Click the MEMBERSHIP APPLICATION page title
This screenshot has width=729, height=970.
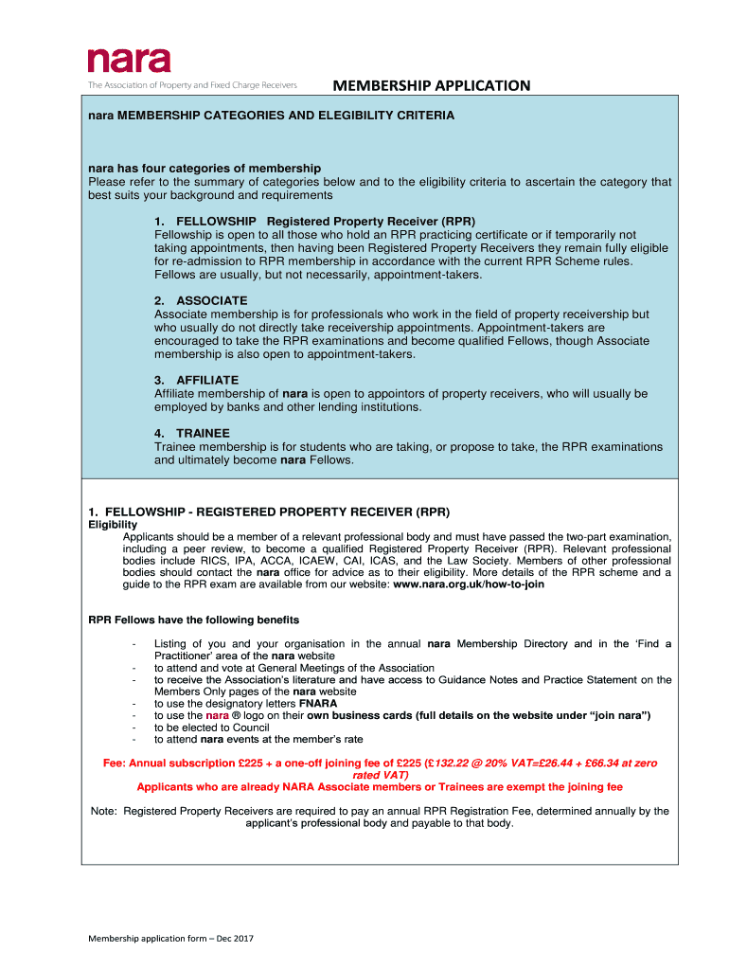[431, 86]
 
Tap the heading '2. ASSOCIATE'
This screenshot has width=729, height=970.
[203, 300]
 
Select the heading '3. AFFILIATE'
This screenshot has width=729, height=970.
[198, 380]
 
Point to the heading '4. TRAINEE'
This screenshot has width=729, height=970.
[193, 433]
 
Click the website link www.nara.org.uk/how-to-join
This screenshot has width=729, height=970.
[469, 584]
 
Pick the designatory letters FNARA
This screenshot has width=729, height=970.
[318, 704]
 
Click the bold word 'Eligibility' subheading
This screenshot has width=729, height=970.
[113, 525]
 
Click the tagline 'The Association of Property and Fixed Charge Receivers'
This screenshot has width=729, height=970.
[193, 85]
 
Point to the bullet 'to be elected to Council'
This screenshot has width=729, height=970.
[212, 727]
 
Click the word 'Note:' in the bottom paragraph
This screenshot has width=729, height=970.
[104, 811]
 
